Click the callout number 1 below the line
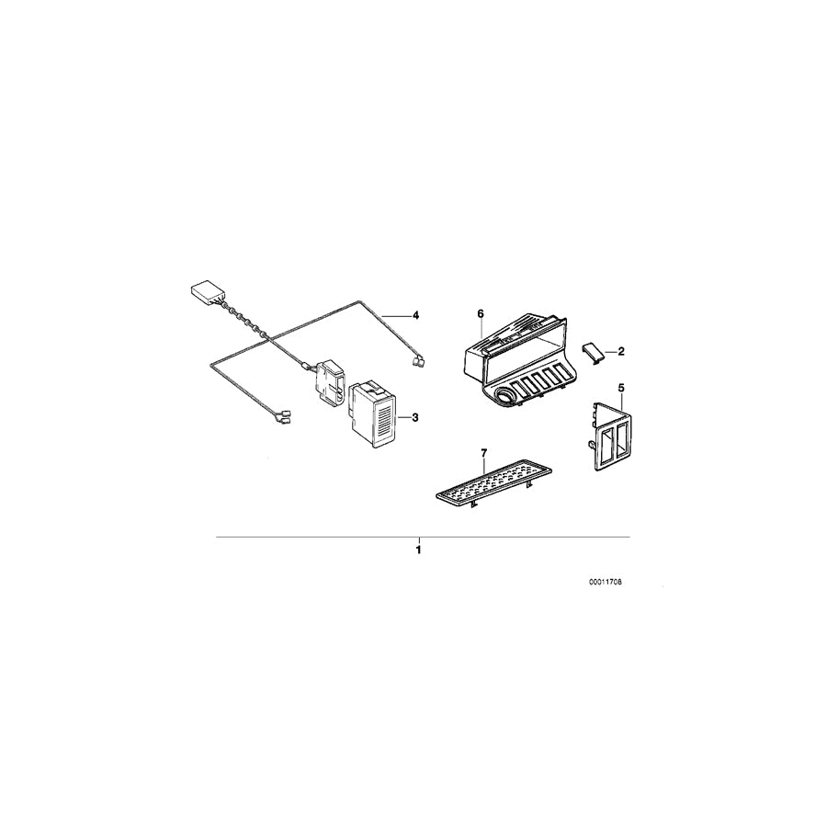tap(418, 550)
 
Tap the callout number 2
tap(620, 351)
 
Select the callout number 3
tap(415, 417)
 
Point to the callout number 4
tap(415, 315)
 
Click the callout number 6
tap(480, 313)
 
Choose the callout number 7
tap(483, 452)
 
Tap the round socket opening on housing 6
tap(504, 398)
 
